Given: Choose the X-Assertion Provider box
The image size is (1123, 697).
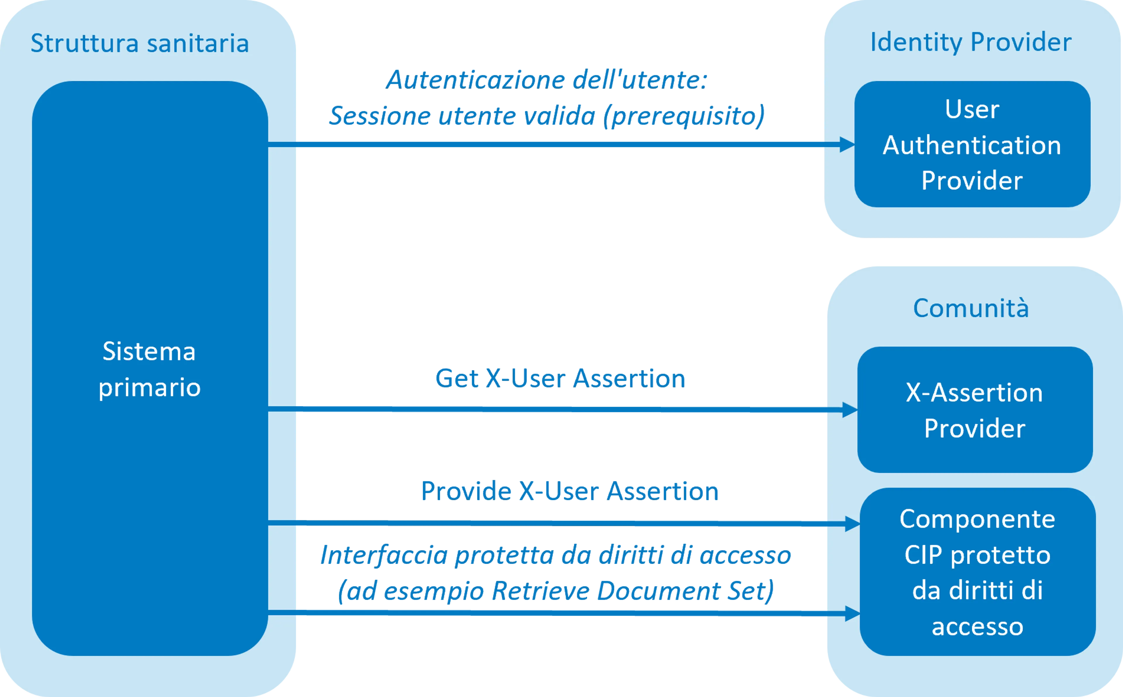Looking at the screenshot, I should (974, 410).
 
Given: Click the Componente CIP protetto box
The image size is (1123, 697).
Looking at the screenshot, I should (977, 572).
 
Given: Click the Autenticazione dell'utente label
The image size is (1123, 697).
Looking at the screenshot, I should (546, 80).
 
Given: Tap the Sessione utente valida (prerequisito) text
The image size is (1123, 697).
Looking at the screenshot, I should (546, 116).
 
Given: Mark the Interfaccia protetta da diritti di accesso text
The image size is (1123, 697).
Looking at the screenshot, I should (556, 556).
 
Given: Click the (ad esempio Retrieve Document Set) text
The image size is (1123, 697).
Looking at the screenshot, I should (556, 591).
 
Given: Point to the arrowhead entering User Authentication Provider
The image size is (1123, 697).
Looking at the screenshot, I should (847, 145).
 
